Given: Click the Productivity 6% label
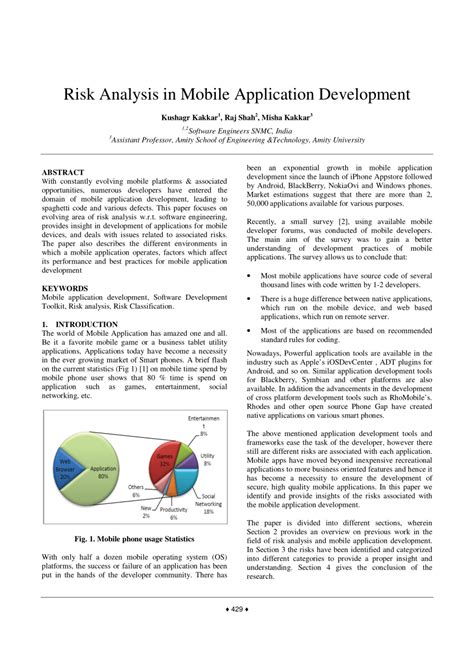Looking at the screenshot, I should (x=173, y=513).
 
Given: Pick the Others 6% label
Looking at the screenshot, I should (x=136, y=491).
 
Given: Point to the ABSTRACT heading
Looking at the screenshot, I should (x=63, y=173).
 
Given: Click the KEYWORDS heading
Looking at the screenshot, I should (x=64, y=287).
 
